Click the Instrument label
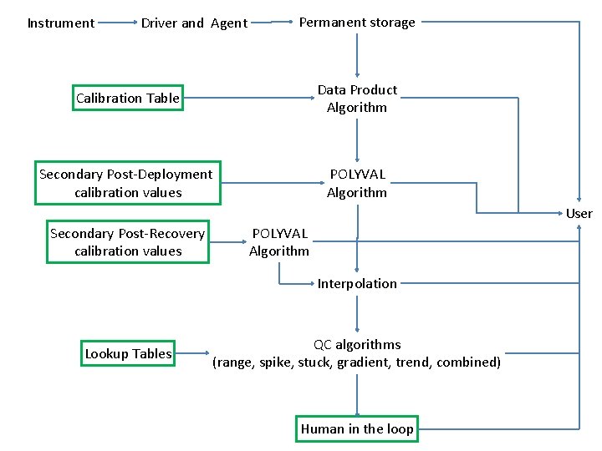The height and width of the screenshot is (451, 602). pyautogui.click(x=60, y=23)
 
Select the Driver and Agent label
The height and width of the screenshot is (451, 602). pyautogui.click(x=194, y=23)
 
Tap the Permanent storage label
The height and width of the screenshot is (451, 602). pyautogui.click(x=357, y=23)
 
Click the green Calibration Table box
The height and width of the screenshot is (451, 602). pyautogui.click(x=128, y=99)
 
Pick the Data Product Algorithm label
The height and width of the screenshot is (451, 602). pyautogui.click(x=357, y=99)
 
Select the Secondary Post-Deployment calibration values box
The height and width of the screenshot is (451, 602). pyautogui.click(x=127, y=183)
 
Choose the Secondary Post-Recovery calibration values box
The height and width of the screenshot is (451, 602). pyautogui.click(x=127, y=242)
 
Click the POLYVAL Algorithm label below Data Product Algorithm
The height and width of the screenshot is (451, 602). pyautogui.click(x=357, y=183)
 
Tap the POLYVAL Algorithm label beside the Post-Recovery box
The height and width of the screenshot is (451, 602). pyautogui.click(x=279, y=242)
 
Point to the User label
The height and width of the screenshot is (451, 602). pyautogui.click(x=579, y=214)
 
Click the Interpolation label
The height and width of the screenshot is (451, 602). pyautogui.click(x=357, y=284)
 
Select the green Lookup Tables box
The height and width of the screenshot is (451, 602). pyautogui.click(x=128, y=354)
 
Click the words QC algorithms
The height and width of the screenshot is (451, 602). pyautogui.click(x=357, y=345)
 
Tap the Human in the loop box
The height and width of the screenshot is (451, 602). pyautogui.click(x=357, y=429)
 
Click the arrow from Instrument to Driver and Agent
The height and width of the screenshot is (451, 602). pyautogui.click(x=117, y=23)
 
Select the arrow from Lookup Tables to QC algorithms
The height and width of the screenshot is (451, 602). pyautogui.click(x=195, y=354)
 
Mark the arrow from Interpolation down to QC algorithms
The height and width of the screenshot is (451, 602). pyautogui.click(x=357, y=314)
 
